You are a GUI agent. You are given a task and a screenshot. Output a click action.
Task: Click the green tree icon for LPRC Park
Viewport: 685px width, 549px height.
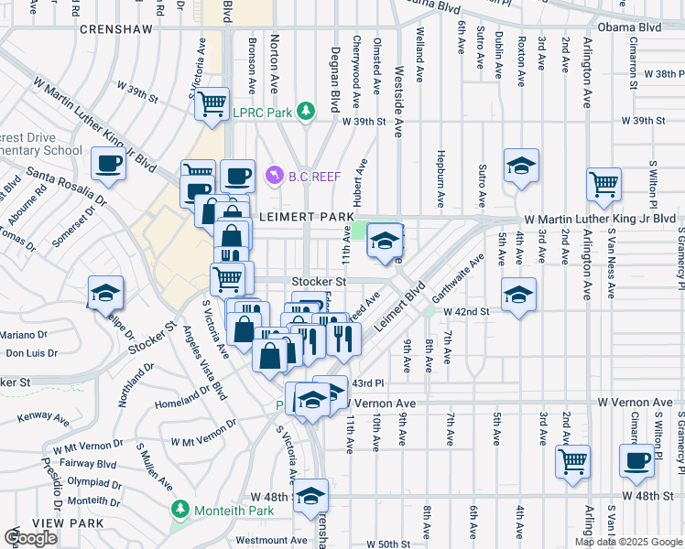[x=306, y=112]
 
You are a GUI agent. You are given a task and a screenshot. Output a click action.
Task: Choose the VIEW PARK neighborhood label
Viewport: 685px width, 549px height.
[x=32, y=522]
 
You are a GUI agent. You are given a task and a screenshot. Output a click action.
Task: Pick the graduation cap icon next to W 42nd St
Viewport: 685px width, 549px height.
[x=518, y=295]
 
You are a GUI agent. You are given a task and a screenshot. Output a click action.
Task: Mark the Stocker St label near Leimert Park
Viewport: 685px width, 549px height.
[x=319, y=283]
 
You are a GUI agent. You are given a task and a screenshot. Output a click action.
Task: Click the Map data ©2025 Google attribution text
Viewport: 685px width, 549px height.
[x=627, y=542]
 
